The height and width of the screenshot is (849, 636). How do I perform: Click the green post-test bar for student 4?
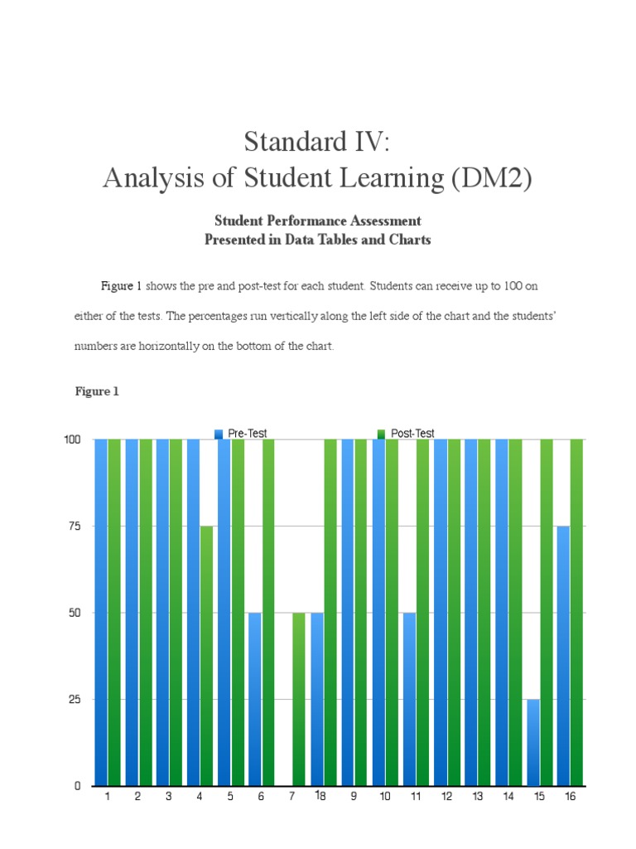206,655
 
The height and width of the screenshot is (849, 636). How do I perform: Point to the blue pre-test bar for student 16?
564,655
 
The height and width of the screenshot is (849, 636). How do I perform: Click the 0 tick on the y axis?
76,785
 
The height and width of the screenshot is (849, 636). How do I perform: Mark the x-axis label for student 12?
446,797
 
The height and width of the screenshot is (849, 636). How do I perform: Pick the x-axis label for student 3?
168,797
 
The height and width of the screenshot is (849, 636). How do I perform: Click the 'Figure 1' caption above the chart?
97,391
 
